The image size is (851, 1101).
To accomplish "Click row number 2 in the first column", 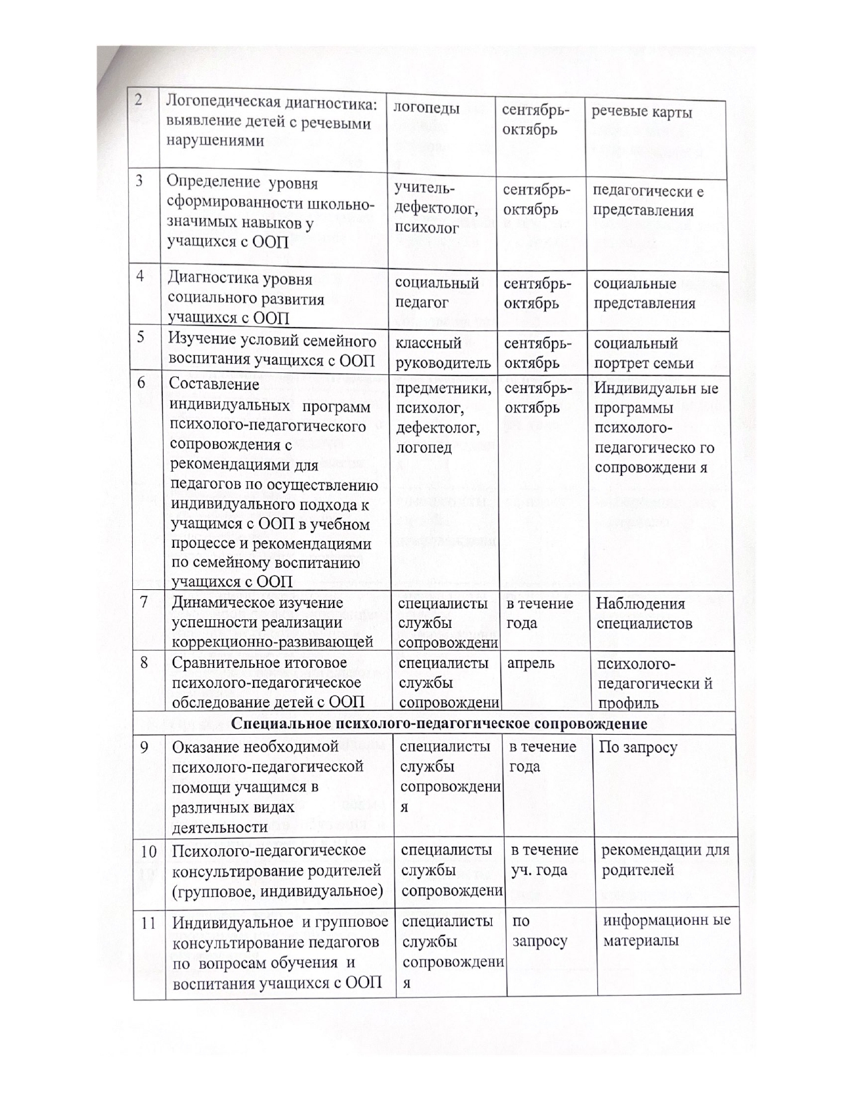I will click(x=138, y=100).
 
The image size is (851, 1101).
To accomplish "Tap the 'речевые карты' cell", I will click(x=641, y=112).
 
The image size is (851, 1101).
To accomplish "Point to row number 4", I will click(x=141, y=276).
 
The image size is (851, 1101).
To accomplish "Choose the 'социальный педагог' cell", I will click(x=437, y=293).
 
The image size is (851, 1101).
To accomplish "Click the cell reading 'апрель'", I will click(x=531, y=663).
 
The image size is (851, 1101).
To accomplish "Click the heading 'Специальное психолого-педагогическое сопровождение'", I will click(x=439, y=723).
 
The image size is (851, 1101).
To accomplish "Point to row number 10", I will click(x=148, y=851).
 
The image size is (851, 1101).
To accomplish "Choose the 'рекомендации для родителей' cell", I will click(x=665, y=859).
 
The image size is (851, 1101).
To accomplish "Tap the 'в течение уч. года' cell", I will click(x=544, y=859).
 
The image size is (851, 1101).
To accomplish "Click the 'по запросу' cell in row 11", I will click(x=539, y=931).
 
